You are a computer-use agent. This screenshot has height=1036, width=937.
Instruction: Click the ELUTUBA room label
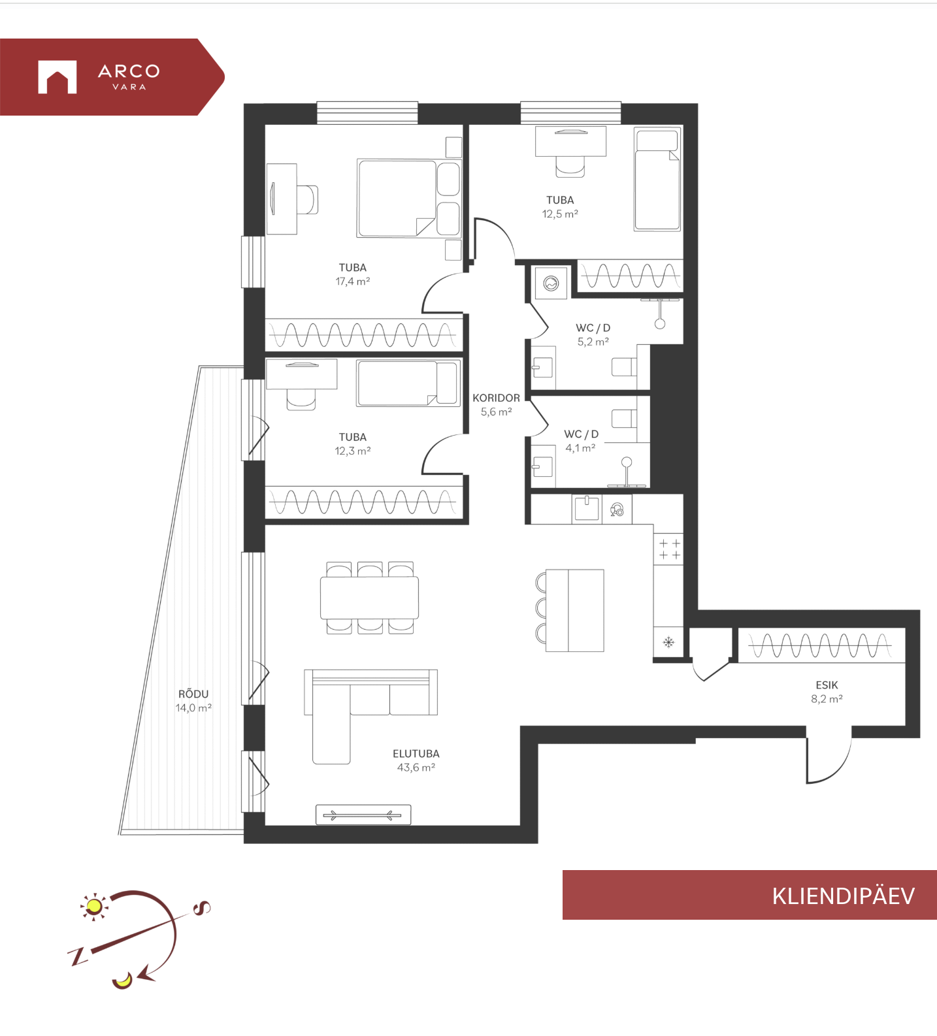coord(416,754)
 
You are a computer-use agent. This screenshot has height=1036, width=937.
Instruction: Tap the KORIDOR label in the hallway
coord(497,398)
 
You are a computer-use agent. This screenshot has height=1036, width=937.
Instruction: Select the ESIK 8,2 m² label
coord(827,692)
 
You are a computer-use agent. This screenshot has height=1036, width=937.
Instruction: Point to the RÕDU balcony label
coord(193,694)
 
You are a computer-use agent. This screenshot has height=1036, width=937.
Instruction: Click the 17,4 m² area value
coord(353,282)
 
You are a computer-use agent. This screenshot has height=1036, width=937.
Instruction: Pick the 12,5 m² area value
coord(560,214)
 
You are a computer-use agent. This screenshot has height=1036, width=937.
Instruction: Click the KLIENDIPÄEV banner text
coord(844,896)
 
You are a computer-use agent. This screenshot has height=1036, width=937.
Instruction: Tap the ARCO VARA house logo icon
coord(58,77)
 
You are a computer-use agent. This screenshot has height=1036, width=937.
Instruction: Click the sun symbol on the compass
coord(94,906)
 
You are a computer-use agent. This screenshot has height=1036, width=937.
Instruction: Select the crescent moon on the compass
coord(122,980)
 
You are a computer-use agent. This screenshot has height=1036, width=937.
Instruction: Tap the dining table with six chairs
coord(370,598)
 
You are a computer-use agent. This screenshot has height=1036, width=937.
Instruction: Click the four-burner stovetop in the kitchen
coord(669,549)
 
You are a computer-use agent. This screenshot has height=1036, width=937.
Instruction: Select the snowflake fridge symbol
coord(668,642)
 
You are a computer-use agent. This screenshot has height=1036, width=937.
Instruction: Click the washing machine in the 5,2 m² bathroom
coord(551,283)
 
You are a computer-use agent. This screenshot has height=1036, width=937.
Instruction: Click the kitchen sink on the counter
coord(587,508)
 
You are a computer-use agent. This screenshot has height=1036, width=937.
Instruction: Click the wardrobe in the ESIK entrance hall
coord(821,646)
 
